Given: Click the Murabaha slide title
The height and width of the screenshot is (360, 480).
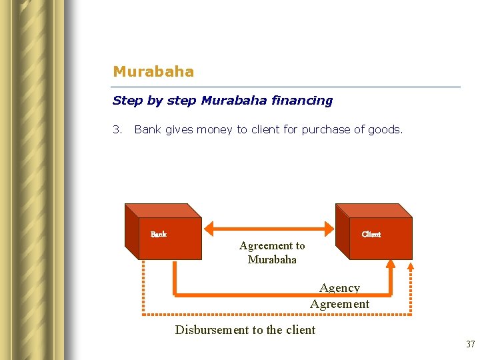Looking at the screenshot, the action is click(153, 71).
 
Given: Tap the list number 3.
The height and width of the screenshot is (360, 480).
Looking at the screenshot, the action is click(117, 129).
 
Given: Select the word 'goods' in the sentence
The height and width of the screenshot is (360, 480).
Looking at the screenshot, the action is click(385, 129).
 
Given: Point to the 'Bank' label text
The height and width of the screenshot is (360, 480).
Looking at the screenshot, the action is click(159, 234).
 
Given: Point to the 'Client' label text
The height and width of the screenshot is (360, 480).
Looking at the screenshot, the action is click(371, 234).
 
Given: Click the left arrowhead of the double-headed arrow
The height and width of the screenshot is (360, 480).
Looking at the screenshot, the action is click(209, 230).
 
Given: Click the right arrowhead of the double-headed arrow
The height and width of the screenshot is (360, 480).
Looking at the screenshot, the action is click(327, 230).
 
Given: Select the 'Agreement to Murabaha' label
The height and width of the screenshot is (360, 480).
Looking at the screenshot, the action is click(272, 253).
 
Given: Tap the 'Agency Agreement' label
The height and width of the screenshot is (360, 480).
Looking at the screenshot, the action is click(339, 296).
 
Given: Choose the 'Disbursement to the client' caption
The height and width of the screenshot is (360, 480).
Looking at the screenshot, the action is click(245, 329).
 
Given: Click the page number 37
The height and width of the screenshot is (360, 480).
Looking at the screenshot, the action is click(470, 345).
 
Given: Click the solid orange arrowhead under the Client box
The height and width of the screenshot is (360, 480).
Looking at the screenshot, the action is click(391, 263).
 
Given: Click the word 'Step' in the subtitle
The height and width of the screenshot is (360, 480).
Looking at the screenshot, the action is click(127, 101).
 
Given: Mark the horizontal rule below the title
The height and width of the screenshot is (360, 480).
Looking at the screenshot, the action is click(287, 87).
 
